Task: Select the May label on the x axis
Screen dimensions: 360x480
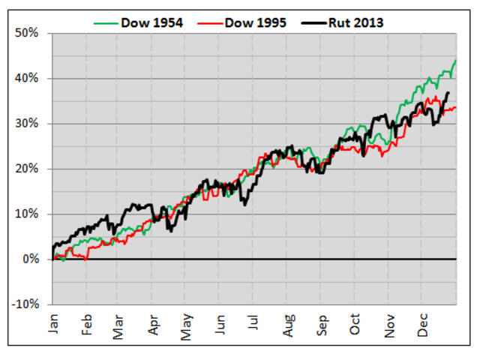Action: pyautogui.click(x=186, y=324)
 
